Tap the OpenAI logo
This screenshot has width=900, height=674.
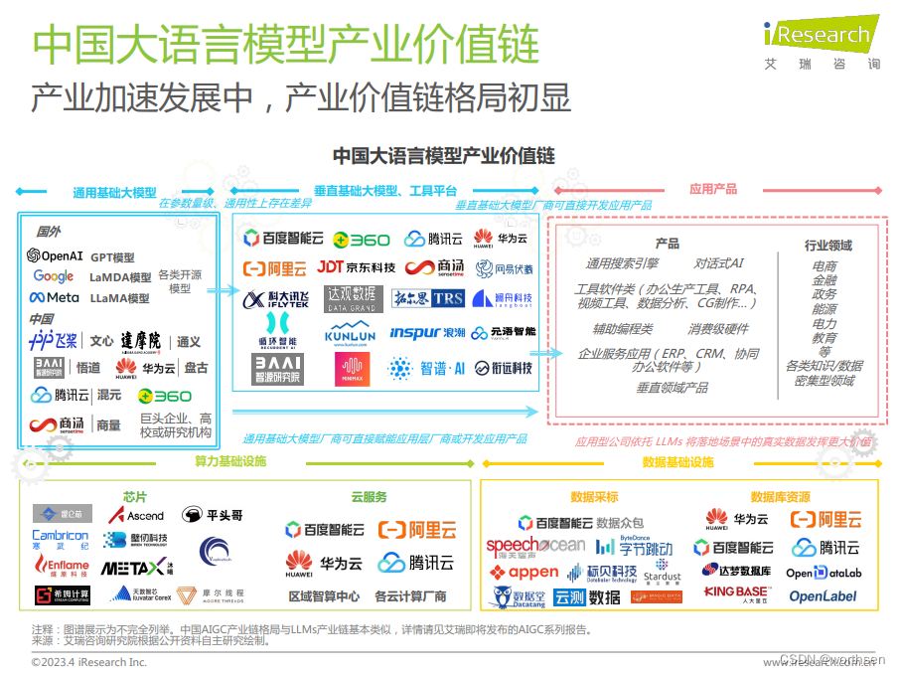tap(56, 256)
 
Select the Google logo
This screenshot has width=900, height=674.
tap(54, 276)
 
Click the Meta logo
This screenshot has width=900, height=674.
tap(54, 297)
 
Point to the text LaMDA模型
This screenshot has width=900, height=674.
tap(120, 277)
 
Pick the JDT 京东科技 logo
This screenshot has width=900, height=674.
tap(356, 267)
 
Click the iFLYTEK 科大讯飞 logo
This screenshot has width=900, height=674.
tap(275, 300)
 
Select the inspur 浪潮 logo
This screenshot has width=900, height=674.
tap(427, 333)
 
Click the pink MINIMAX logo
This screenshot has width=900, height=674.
tap(352, 369)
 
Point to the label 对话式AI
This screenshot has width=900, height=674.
tap(718, 263)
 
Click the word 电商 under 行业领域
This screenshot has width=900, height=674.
tap(825, 266)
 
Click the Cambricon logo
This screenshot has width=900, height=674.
tap(61, 540)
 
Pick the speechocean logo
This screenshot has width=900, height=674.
tap(535, 546)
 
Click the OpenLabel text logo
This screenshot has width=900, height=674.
tap(823, 596)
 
